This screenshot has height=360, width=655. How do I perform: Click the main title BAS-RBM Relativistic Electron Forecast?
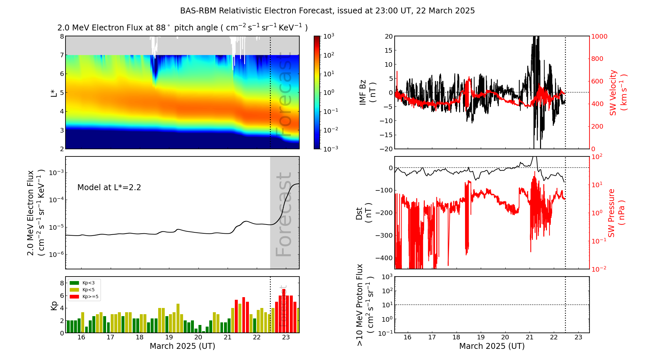[327, 11]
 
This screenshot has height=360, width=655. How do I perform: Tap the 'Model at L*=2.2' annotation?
[109, 188]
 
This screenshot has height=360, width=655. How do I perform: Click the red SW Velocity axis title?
[618, 93]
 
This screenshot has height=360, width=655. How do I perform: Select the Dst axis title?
[363, 213]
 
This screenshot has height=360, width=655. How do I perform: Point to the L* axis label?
[54, 93]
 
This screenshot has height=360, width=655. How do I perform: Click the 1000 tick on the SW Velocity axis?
[599, 36]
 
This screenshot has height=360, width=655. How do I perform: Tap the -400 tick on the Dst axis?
[384, 258]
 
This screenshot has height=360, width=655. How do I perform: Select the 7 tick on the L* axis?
[62, 55]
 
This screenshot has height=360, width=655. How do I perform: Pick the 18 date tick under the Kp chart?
[140, 337]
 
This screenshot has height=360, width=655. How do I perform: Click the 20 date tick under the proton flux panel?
[505, 337]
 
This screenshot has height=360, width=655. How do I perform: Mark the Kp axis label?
[54, 305]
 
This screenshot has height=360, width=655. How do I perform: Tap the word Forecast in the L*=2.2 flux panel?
[284, 214]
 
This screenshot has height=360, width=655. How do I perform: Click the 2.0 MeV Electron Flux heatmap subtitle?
[182, 28]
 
